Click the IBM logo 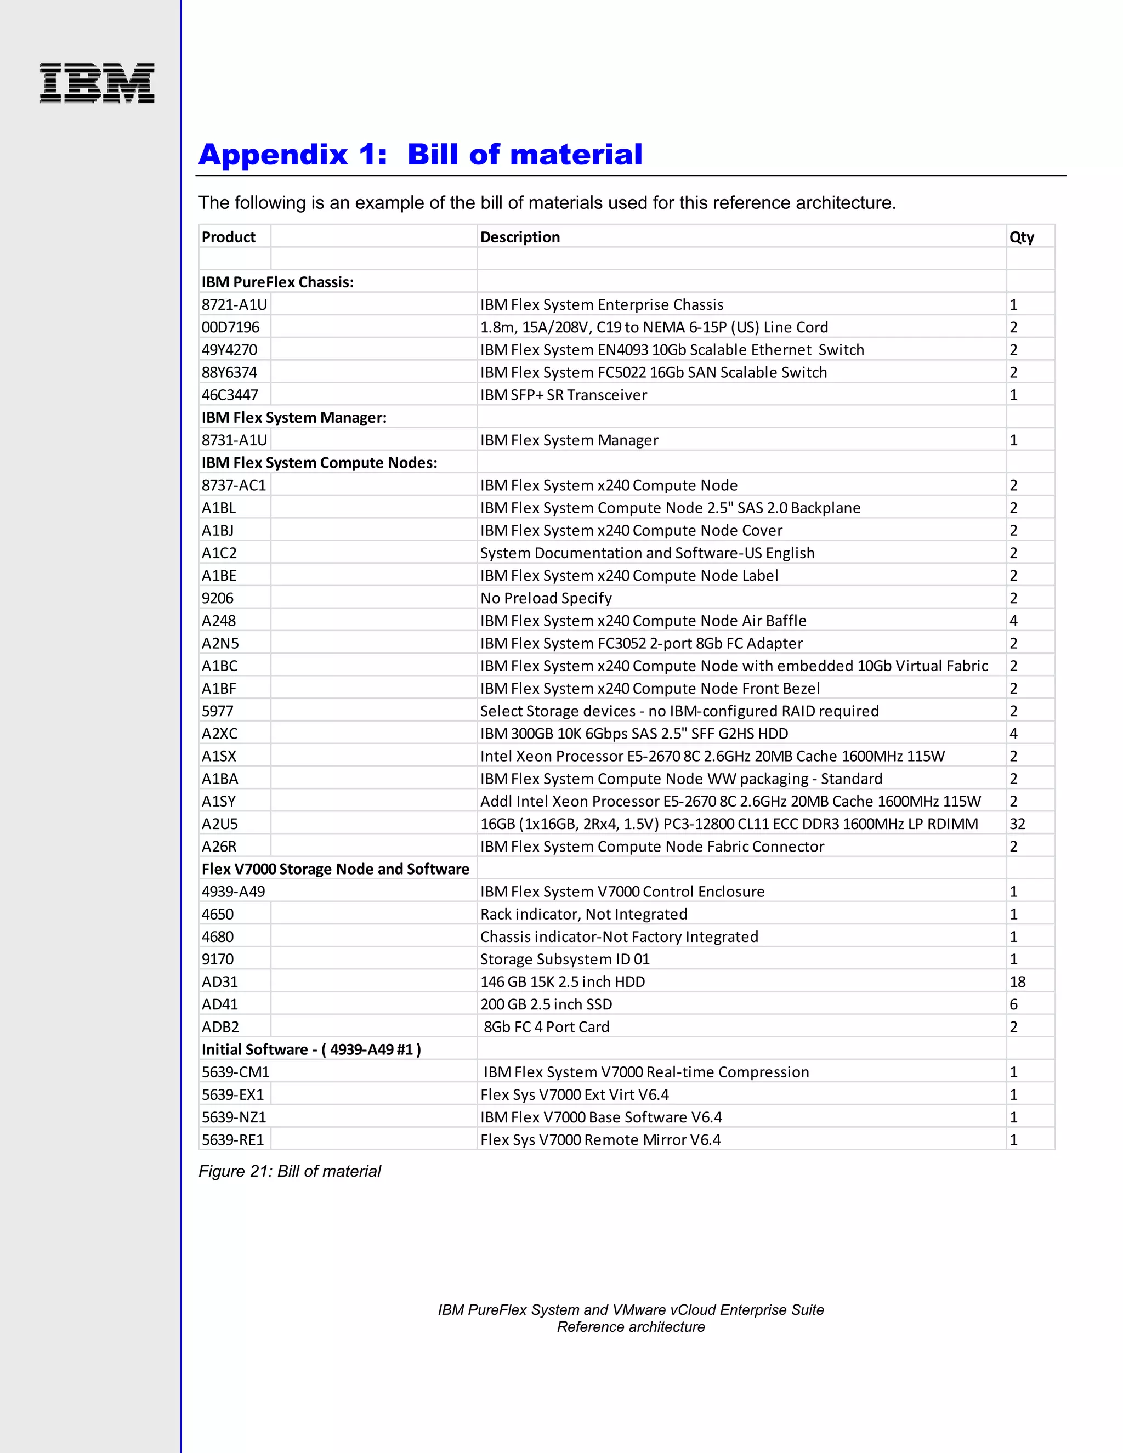[97, 83]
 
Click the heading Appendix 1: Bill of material [421, 155]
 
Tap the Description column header [520, 237]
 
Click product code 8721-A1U [234, 305]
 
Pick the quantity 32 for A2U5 [1017, 824]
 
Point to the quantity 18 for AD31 [1017, 982]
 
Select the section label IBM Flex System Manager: [294, 418]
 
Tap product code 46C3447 [230, 395]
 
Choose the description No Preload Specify [546, 598]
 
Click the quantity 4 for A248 [1013, 621]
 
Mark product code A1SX [219, 757]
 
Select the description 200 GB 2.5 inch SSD [546, 1004]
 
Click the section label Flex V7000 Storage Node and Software [335, 869]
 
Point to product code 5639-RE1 [233, 1140]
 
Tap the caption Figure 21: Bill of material [290, 1171]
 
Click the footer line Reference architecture [630, 1326]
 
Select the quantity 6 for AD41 [1013, 1004]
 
